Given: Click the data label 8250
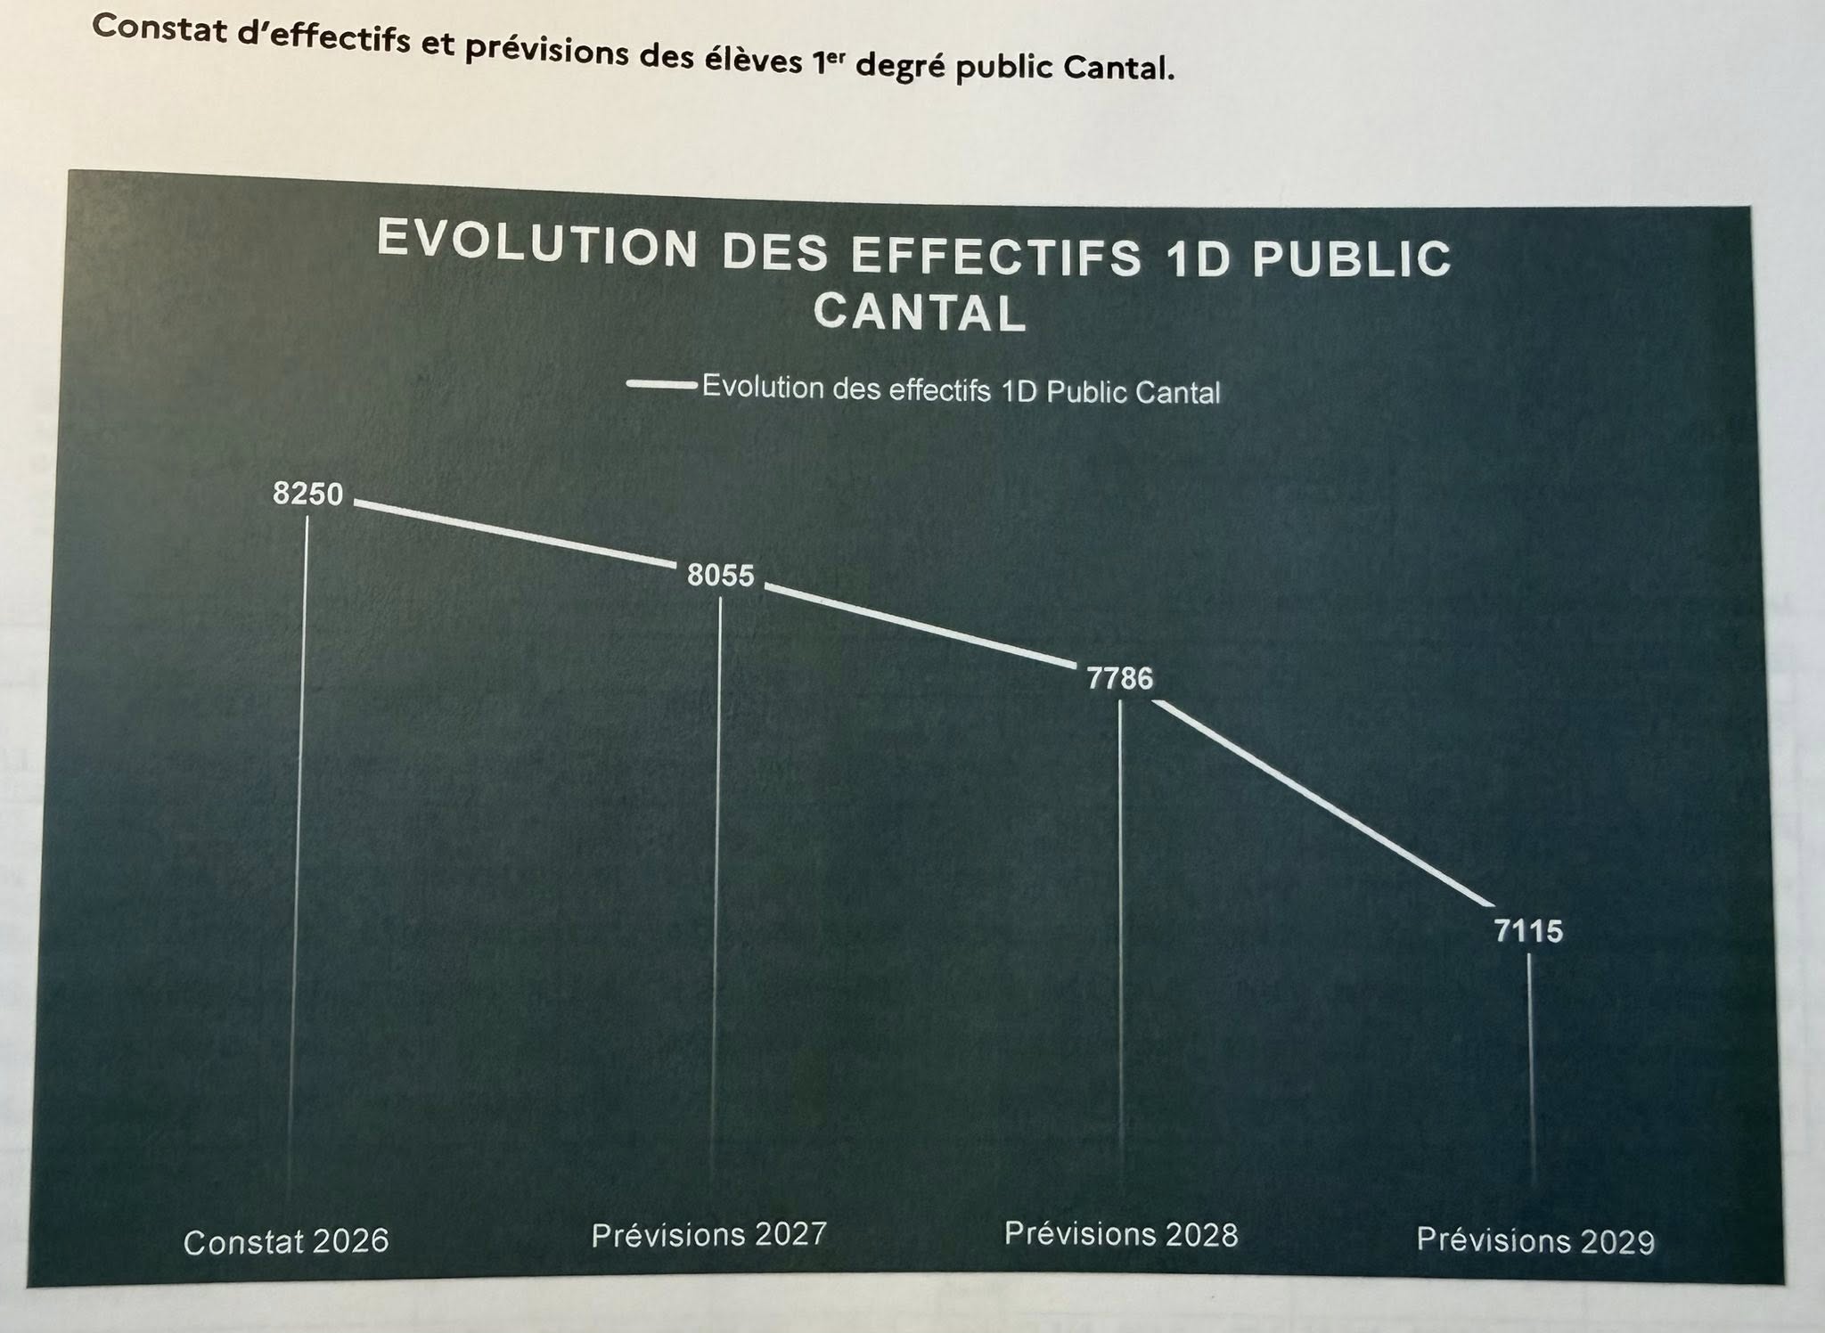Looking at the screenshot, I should tap(307, 494).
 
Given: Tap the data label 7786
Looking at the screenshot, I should tap(1120, 679).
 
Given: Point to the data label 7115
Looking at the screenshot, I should tap(1528, 932).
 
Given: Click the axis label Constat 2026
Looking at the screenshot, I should tap(286, 1241).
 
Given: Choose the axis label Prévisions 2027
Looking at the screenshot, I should tap(709, 1235).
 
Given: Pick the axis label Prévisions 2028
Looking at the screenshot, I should tap(1121, 1234).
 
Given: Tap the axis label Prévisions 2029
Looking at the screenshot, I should tap(1535, 1240).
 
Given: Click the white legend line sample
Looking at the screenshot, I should tap(661, 385).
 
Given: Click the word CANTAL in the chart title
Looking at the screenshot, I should tap(920, 314).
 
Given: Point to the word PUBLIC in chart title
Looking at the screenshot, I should tap(1353, 259).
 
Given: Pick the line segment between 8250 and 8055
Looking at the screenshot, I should tap(515, 535).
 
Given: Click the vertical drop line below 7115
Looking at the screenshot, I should tap(1530, 1069).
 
